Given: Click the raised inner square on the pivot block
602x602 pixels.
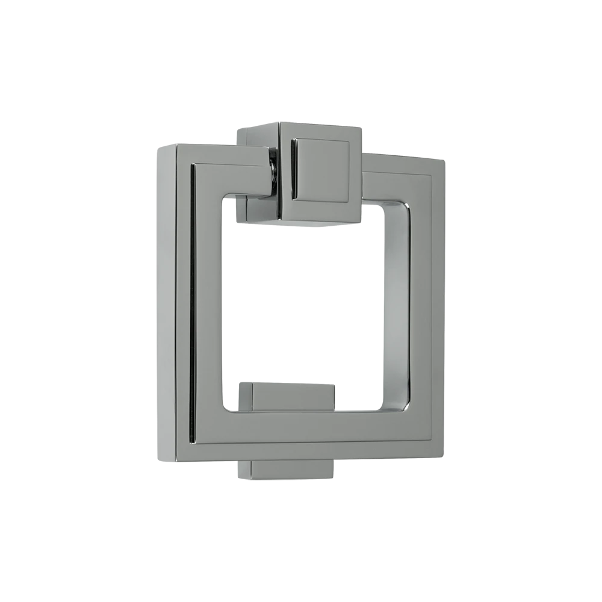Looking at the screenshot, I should [321, 169].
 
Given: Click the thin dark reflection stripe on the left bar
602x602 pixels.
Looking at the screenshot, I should [193, 301].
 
